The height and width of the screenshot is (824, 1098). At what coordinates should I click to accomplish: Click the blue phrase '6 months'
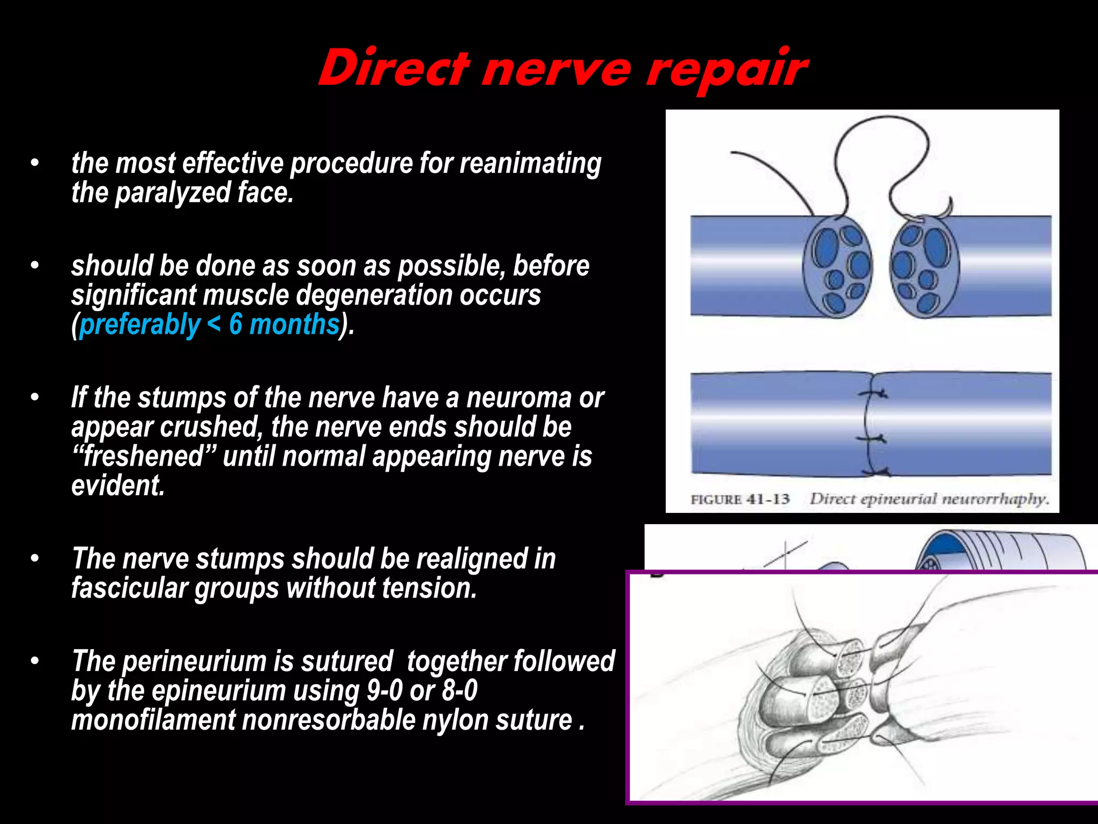pos(284,325)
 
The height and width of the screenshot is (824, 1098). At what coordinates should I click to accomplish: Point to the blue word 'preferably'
pos(140,325)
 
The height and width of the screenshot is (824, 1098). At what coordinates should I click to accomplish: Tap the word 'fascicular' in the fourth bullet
pos(129,588)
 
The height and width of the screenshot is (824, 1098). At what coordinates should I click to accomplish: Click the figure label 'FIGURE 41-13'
pos(740,499)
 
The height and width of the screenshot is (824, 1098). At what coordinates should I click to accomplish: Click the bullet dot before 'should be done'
pos(35,266)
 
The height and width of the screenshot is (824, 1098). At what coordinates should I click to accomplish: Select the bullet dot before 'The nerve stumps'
pos(35,558)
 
